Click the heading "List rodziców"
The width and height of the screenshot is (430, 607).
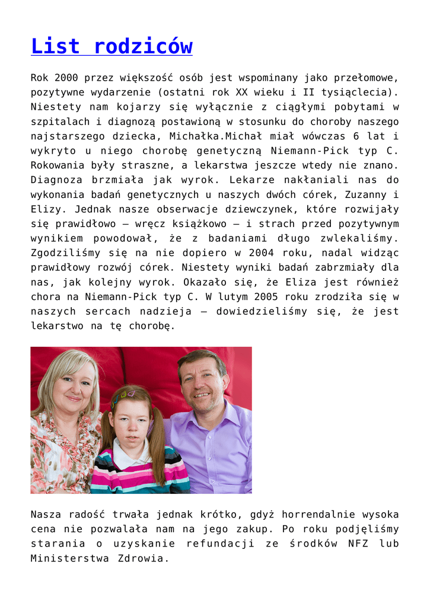(112, 46)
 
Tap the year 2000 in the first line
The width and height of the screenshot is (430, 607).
(66, 78)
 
